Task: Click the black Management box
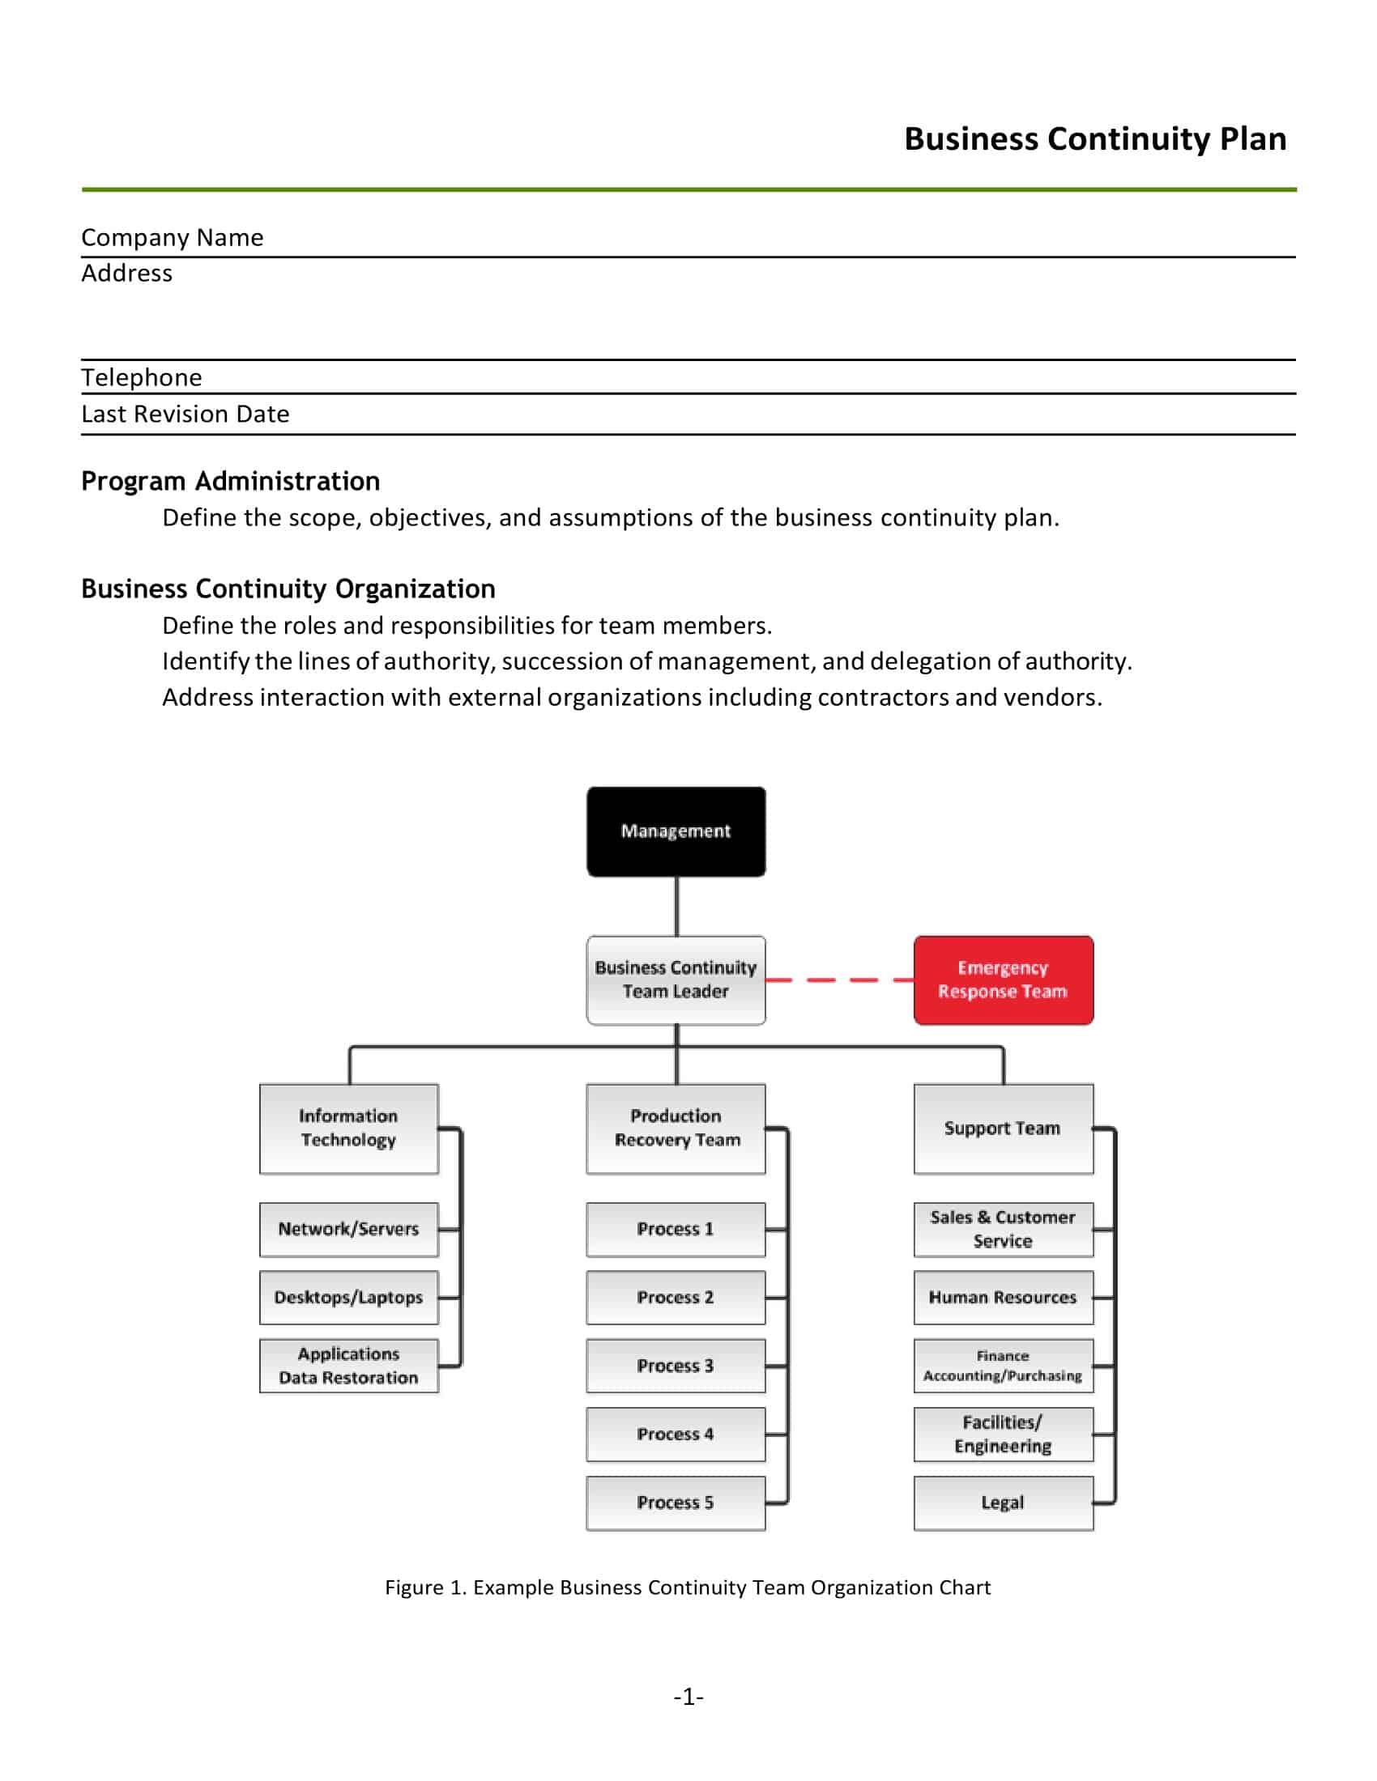click(x=676, y=831)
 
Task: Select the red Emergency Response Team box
click(x=1003, y=980)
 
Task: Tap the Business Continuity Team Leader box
click(x=676, y=980)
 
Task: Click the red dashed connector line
click(x=839, y=980)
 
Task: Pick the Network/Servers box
click(x=348, y=1229)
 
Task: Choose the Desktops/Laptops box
click(x=348, y=1297)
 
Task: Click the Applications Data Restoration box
click(x=348, y=1365)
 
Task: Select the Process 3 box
click(x=676, y=1365)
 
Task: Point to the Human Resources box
click(x=1003, y=1297)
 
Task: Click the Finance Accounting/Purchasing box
click(x=1003, y=1365)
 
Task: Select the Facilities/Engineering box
click(x=1003, y=1434)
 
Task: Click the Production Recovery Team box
click(x=676, y=1128)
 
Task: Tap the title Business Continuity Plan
click(x=1095, y=139)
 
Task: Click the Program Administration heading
click(x=230, y=481)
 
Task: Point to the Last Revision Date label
click(x=185, y=414)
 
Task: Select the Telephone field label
click(x=141, y=377)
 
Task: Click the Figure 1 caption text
click(x=688, y=1587)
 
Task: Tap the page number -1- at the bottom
click(x=688, y=1697)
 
